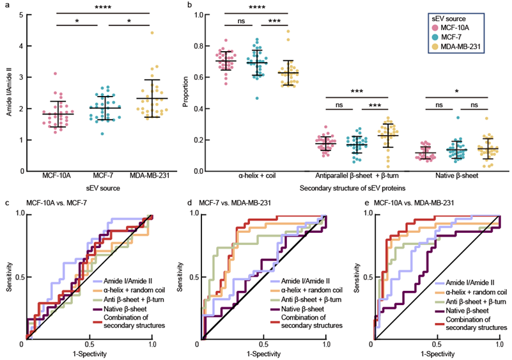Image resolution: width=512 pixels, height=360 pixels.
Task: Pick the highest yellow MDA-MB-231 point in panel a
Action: (151, 33)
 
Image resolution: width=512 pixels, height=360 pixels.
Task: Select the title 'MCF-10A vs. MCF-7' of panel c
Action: (54, 203)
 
